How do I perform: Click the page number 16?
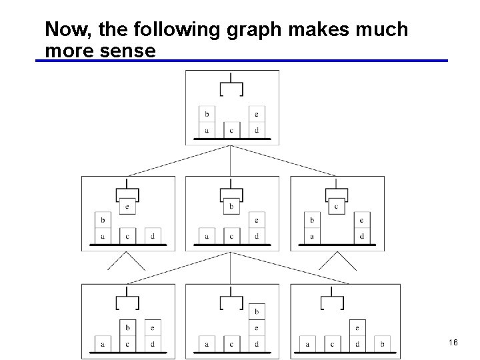(x=453, y=342)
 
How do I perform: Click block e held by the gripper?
(x=127, y=207)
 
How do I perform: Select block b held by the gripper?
(x=231, y=207)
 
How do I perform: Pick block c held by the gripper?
(x=336, y=207)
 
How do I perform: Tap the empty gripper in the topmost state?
(x=231, y=89)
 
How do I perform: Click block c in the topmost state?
(x=231, y=130)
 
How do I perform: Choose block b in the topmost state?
(x=206, y=114)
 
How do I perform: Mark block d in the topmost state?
(x=256, y=130)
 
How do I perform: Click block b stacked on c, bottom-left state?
(x=127, y=328)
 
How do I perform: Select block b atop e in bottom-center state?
(x=256, y=311)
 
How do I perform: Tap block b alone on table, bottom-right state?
(x=382, y=344)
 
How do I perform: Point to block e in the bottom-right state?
(x=357, y=328)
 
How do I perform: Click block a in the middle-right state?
(x=311, y=236)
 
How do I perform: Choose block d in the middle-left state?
(x=152, y=236)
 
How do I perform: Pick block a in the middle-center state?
(x=207, y=236)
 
